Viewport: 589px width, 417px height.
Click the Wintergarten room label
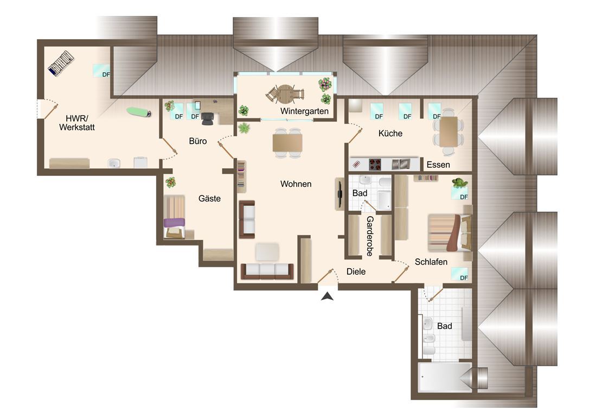[x=304, y=111]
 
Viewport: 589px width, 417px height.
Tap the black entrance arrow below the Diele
[x=328, y=296]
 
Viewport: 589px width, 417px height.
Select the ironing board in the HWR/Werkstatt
[x=139, y=112]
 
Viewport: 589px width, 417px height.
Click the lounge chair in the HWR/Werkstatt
[x=61, y=64]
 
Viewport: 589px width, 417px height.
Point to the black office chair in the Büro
[x=207, y=118]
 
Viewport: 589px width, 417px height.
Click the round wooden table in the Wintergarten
[x=285, y=94]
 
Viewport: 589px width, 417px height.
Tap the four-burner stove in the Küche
[x=375, y=165]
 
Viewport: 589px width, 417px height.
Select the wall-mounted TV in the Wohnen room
[x=340, y=194]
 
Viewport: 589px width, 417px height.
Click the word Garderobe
[x=370, y=236]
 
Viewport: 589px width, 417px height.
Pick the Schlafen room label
[x=431, y=262]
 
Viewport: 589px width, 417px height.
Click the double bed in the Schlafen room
[x=450, y=233]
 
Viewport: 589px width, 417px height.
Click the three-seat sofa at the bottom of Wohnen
[x=267, y=271]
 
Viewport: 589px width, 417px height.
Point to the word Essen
[x=438, y=165]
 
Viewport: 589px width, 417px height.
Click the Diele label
[x=356, y=271]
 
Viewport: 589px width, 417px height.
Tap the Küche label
[x=390, y=134]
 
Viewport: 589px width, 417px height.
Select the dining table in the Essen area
[x=449, y=131]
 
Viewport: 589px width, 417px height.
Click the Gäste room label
[x=209, y=199]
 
